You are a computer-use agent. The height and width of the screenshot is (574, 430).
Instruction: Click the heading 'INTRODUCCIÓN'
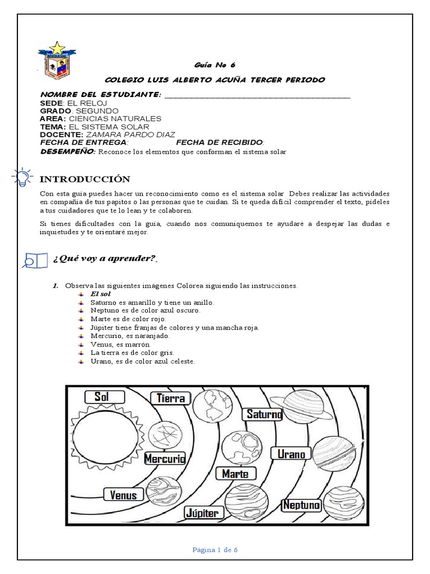coord(85,179)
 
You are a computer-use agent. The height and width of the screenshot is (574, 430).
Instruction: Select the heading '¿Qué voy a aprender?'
coord(104,259)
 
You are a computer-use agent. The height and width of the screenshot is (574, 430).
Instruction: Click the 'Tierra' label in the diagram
coord(171,399)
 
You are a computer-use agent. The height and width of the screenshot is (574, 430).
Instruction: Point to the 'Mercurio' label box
coord(165,459)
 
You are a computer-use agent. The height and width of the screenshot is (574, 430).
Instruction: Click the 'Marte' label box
coord(235,474)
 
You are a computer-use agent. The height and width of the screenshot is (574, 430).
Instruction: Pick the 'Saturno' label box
coord(263,414)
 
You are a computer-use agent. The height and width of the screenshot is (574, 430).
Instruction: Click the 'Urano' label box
coord(291,453)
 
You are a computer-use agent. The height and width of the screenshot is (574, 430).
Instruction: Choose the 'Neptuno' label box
coord(301,505)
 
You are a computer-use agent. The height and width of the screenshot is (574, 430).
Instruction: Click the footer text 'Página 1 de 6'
coord(215,550)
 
